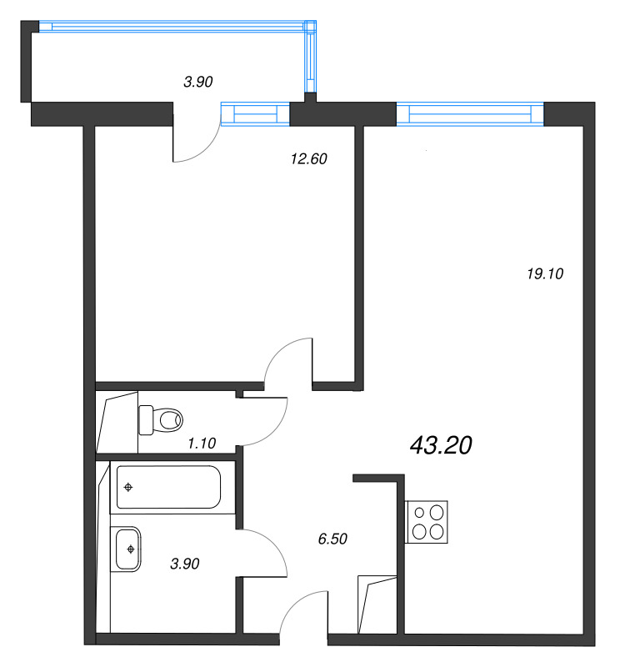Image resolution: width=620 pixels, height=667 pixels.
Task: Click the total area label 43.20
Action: tap(441, 445)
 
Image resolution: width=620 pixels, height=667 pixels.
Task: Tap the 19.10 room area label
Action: tap(545, 273)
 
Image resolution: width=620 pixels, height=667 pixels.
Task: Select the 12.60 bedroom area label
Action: tap(308, 158)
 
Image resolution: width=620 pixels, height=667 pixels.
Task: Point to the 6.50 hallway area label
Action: tap(332, 539)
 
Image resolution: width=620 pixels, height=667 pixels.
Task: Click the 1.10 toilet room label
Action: tap(202, 444)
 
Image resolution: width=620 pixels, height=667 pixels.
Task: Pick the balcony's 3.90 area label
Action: tap(197, 81)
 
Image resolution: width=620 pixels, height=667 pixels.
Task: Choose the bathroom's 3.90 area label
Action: tap(184, 564)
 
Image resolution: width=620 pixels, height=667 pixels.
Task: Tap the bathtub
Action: tap(169, 487)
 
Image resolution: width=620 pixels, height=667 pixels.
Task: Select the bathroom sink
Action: tap(126, 549)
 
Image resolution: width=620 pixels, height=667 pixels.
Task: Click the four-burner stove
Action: tap(426, 522)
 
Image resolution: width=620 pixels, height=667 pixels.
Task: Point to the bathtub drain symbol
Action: tap(128, 488)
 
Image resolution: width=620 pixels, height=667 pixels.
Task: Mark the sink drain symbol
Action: tap(131, 549)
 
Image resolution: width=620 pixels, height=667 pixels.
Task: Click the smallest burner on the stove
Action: tap(419, 513)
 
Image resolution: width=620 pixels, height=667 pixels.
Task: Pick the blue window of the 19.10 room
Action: tap(470, 114)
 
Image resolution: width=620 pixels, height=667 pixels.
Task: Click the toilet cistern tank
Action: tap(146, 420)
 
